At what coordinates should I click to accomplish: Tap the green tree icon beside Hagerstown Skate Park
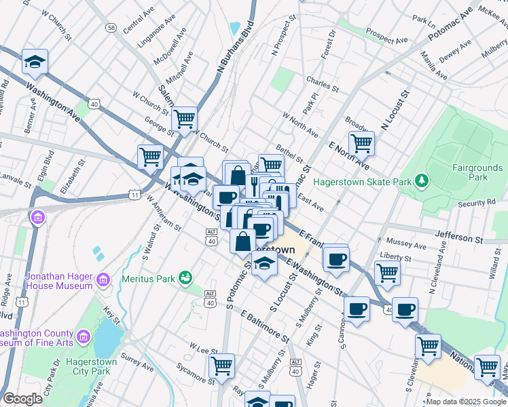tap(422, 180)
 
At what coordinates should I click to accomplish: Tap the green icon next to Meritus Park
tap(184, 277)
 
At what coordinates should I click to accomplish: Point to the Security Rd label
tap(477, 203)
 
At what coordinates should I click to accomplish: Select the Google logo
tap(23, 399)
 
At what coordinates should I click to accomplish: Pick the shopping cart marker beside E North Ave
tap(361, 143)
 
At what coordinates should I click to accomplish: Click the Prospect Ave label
tap(384, 31)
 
